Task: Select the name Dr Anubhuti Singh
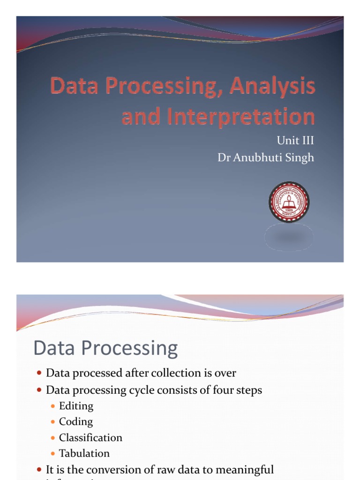click(266, 157)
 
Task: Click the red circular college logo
click(289, 202)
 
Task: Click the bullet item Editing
click(76, 406)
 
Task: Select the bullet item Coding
click(76, 421)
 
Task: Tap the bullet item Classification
click(90, 437)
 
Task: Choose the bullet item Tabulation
click(84, 453)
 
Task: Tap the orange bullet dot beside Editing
click(53, 406)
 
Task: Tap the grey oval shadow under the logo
click(289, 237)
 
